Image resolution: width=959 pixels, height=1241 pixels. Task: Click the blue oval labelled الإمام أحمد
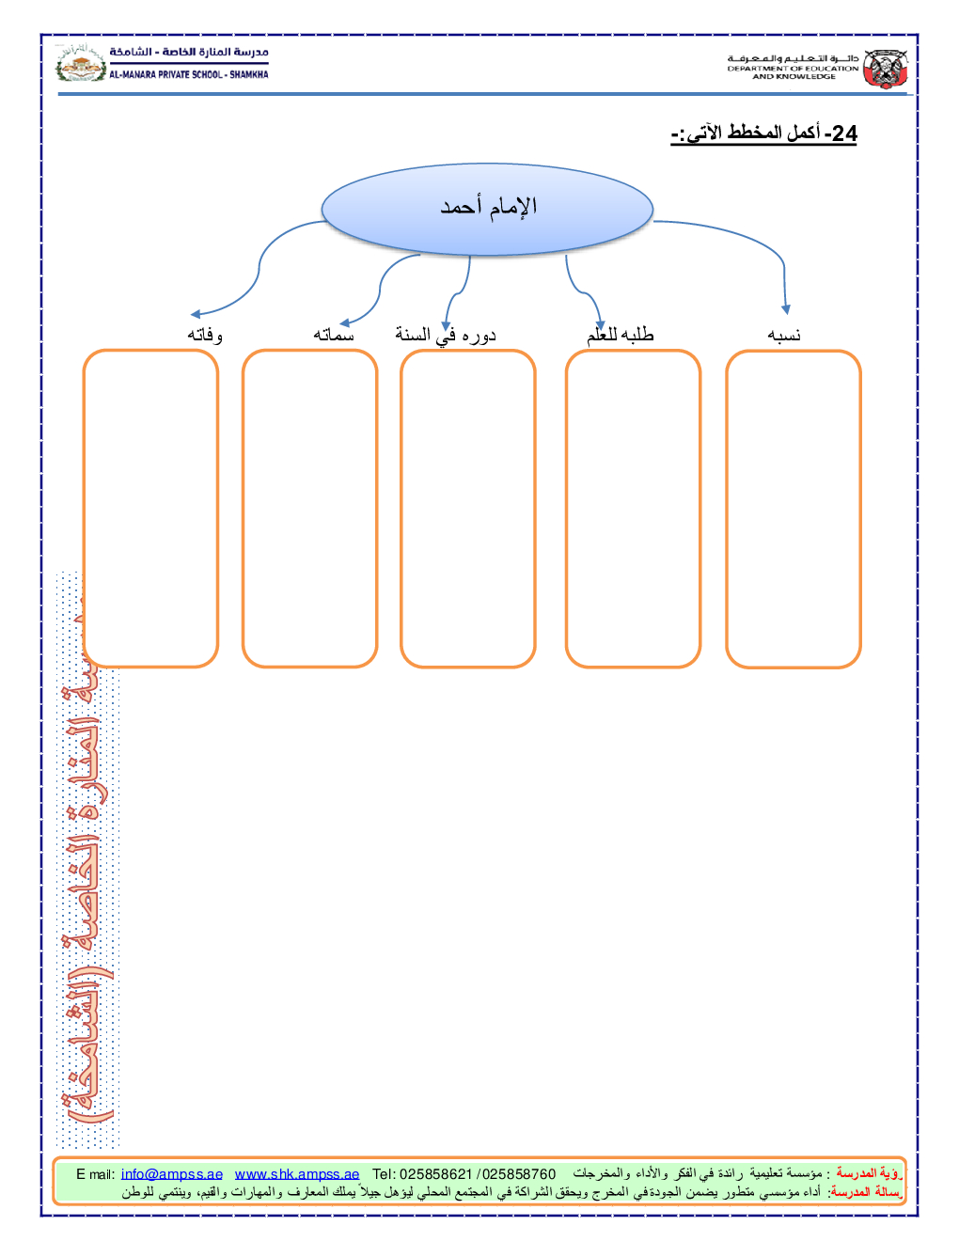pyautogui.click(x=487, y=209)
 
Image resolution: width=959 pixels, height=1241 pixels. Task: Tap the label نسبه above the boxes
pyautogui.click(x=784, y=335)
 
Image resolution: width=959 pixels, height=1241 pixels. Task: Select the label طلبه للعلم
pyautogui.click(x=621, y=335)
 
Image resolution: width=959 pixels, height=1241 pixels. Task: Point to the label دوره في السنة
pyautogui.click(x=446, y=335)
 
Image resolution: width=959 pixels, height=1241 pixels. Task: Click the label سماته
pyautogui.click(x=334, y=335)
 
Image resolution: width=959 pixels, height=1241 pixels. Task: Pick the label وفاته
pyautogui.click(x=205, y=335)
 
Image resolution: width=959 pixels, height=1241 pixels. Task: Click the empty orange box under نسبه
pyautogui.click(x=794, y=509)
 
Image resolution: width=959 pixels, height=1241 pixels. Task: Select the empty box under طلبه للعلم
pyautogui.click(x=633, y=509)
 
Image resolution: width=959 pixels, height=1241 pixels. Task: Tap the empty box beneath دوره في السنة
pyautogui.click(x=468, y=509)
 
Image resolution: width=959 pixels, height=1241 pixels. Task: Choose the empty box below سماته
pyautogui.click(x=309, y=509)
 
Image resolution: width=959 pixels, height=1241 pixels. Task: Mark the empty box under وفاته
pyautogui.click(x=150, y=509)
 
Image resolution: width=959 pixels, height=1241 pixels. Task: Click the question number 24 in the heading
pyautogui.click(x=843, y=134)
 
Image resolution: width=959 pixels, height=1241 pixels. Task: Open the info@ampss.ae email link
pyautogui.click(x=172, y=1174)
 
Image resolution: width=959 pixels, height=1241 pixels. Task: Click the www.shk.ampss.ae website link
pyautogui.click(x=297, y=1174)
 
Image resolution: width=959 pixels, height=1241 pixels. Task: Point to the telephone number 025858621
pyautogui.click(x=435, y=1174)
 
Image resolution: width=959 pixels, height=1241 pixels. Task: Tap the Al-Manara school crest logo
pyautogui.click(x=81, y=64)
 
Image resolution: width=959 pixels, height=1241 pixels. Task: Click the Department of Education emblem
pyautogui.click(x=886, y=69)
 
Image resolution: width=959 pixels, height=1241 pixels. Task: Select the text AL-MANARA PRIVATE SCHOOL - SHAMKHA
pyautogui.click(x=189, y=74)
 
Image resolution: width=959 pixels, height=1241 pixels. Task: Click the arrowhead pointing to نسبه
pyautogui.click(x=786, y=309)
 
